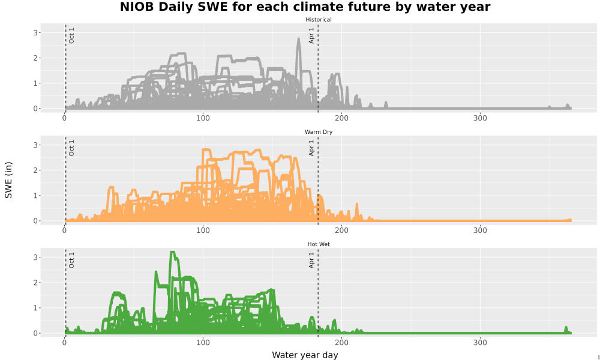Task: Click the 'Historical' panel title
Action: [319, 20]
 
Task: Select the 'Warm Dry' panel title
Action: [319, 132]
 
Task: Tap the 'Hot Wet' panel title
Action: [319, 244]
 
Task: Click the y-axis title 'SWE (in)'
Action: [8, 180]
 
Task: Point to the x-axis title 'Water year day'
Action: [305, 355]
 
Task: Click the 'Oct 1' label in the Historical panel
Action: [71, 35]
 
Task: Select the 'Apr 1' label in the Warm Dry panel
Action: [311, 148]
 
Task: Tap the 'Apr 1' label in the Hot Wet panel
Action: [311, 260]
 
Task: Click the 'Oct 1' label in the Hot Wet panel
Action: [71, 260]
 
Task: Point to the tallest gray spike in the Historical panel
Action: [298, 38]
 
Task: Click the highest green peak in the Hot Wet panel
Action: [172, 252]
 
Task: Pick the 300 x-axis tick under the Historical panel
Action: [480, 118]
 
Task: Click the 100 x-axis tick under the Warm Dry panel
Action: [203, 230]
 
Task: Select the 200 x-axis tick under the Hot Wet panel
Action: [341, 343]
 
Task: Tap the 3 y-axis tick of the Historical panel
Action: [35, 33]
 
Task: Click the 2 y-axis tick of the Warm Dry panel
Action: [35, 170]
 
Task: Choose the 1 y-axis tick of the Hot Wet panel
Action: [35, 308]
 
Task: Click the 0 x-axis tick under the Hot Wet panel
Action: [65, 343]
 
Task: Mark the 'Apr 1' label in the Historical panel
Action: [311, 35]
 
